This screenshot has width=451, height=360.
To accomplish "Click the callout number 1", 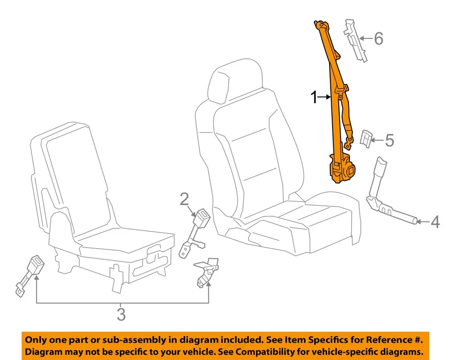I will tap(314, 98).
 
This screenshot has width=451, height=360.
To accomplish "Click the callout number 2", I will tap(184, 200).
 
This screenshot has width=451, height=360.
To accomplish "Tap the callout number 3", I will tap(121, 313).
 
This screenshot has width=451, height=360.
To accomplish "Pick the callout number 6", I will tap(378, 39).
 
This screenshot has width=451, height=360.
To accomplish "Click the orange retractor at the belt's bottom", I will tap(342, 171).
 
